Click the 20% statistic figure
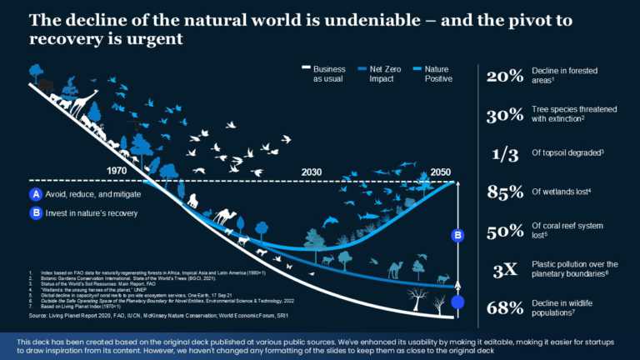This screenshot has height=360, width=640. tap(505, 77)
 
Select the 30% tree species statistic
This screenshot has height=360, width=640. tap(505, 115)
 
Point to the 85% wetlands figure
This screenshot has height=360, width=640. tap(505, 193)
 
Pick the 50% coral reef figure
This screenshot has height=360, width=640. tap(505, 232)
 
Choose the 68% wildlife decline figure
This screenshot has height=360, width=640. tap(505, 308)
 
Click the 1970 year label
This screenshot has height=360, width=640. tap(122, 171)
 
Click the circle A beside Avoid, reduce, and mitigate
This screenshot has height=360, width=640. tap(35, 194)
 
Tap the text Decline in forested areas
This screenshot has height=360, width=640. tap(564, 77)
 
